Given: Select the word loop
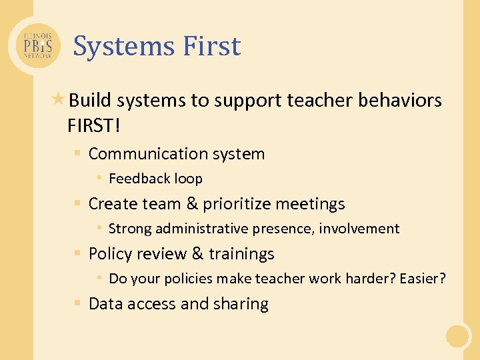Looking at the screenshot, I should [188, 179].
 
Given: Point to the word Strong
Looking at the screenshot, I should [129, 229].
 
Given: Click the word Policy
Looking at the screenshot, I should [110, 254].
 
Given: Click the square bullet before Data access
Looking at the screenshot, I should [78, 304].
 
